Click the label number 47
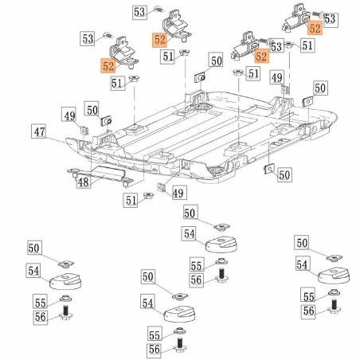[38, 131]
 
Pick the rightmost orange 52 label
[315, 28]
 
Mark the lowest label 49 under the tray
[178, 192]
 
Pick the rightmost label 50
[319, 88]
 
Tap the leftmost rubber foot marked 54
[64, 280]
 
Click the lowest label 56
[154, 348]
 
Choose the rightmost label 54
[302, 264]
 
